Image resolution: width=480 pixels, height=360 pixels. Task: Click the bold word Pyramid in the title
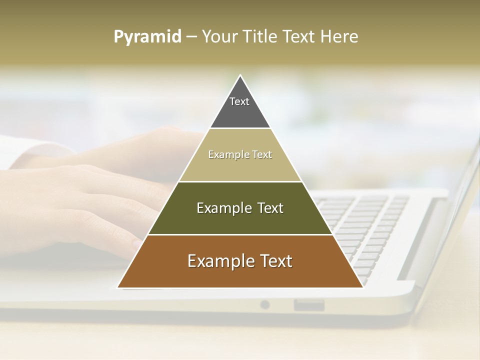pyautogui.click(x=147, y=37)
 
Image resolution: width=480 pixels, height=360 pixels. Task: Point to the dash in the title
pyautogui.click(x=191, y=37)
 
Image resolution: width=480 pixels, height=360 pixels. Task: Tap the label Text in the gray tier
pyautogui.click(x=239, y=101)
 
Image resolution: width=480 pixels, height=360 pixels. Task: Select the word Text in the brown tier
pyautogui.click(x=272, y=261)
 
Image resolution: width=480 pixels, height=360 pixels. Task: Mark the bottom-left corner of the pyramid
pyautogui.click(x=118, y=287)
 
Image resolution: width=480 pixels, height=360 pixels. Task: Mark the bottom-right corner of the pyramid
pyautogui.click(x=362, y=287)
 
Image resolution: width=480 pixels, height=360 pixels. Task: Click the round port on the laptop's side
pyautogui.click(x=264, y=304)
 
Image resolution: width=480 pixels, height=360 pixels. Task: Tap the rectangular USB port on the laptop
pyautogui.click(x=308, y=304)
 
